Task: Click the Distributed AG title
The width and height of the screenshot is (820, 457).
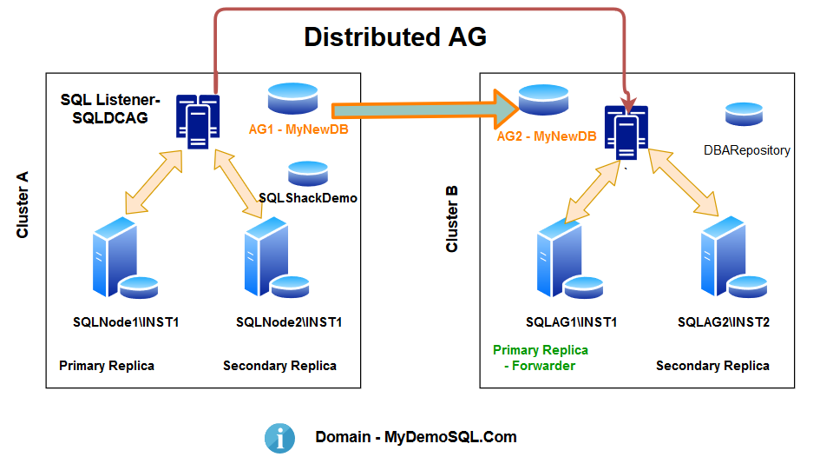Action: pos(395,37)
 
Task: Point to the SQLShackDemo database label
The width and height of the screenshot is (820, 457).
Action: pos(309,198)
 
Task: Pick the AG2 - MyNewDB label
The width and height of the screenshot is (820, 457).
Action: pos(546,137)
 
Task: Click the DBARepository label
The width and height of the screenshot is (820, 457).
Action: pos(747,150)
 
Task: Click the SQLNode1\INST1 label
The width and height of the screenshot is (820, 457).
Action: pos(126,322)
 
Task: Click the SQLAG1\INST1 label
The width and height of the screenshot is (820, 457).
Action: pos(572,322)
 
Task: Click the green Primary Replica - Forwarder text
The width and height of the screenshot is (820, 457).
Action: pos(541,358)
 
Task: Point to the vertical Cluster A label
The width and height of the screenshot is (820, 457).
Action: pos(24,204)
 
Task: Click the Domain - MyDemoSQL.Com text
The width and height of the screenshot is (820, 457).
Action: pos(416,437)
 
